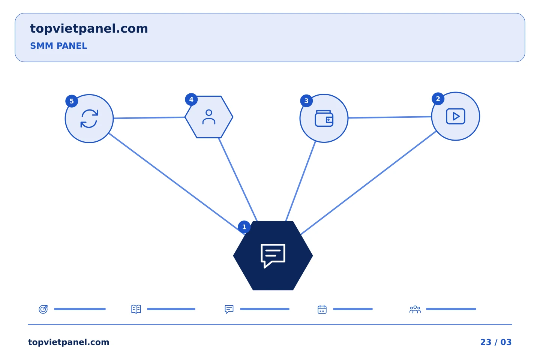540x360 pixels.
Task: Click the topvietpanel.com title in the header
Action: (x=89, y=29)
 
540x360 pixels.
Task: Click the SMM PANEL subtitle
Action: (x=58, y=46)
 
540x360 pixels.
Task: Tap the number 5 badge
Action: (x=72, y=101)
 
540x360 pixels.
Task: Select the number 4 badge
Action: (x=191, y=100)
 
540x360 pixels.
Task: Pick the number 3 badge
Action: (x=306, y=101)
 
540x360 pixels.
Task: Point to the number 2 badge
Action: (x=438, y=99)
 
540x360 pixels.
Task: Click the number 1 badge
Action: (x=244, y=227)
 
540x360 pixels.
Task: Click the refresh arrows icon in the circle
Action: (x=89, y=118)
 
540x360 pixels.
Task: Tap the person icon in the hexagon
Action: (x=209, y=117)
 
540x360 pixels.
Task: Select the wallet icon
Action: (x=324, y=118)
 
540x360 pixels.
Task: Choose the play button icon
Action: (x=456, y=117)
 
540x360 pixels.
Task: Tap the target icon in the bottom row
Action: (x=43, y=309)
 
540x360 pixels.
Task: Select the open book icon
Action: (x=136, y=309)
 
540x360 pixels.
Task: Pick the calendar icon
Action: (x=322, y=309)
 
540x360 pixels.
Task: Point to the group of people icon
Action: (x=415, y=309)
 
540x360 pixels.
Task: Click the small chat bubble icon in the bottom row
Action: (x=229, y=309)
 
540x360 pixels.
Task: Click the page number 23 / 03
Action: (x=496, y=342)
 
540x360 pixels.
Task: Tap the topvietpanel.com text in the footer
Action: (x=69, y=342)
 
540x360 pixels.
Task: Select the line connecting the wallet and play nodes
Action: (x=390, y=117)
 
